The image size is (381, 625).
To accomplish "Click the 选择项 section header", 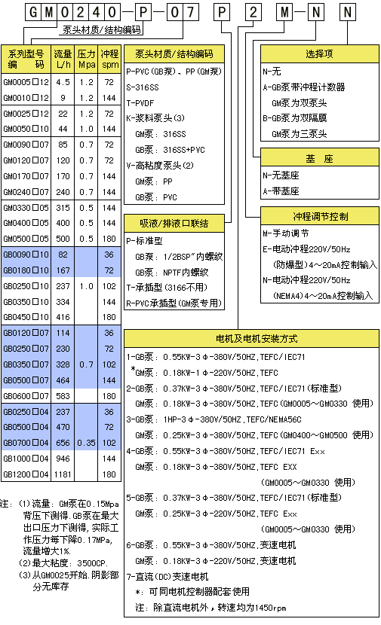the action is point(319,53).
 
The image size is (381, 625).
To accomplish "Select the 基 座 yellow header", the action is point(319,158).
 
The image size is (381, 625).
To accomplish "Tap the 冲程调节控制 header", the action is point(319,216).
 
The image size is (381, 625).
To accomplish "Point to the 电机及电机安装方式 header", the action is point(251,338).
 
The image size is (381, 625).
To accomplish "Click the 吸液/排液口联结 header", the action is point(174,223).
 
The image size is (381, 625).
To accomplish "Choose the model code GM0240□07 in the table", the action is point(26,192).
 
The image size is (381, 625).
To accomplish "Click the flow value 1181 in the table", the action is point(63,474).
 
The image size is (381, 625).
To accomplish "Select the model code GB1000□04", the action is point(26,459).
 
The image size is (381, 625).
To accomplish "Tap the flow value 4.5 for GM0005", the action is point(63,82).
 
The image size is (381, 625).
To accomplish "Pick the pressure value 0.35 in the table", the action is point(86,443).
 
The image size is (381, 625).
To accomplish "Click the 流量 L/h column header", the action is point(63,59).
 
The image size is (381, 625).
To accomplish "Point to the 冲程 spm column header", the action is point(109,59).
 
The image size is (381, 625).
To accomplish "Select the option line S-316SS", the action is point(143,87).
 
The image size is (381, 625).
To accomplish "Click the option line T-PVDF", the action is point(140,103).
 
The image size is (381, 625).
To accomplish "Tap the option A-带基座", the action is point(281,191).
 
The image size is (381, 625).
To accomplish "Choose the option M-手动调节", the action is point(285,233).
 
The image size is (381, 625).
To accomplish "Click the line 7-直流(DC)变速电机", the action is point(167,576).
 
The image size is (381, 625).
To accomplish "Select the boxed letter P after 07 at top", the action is point(222,12).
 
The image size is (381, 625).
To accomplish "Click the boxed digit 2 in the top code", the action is point(253,12).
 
